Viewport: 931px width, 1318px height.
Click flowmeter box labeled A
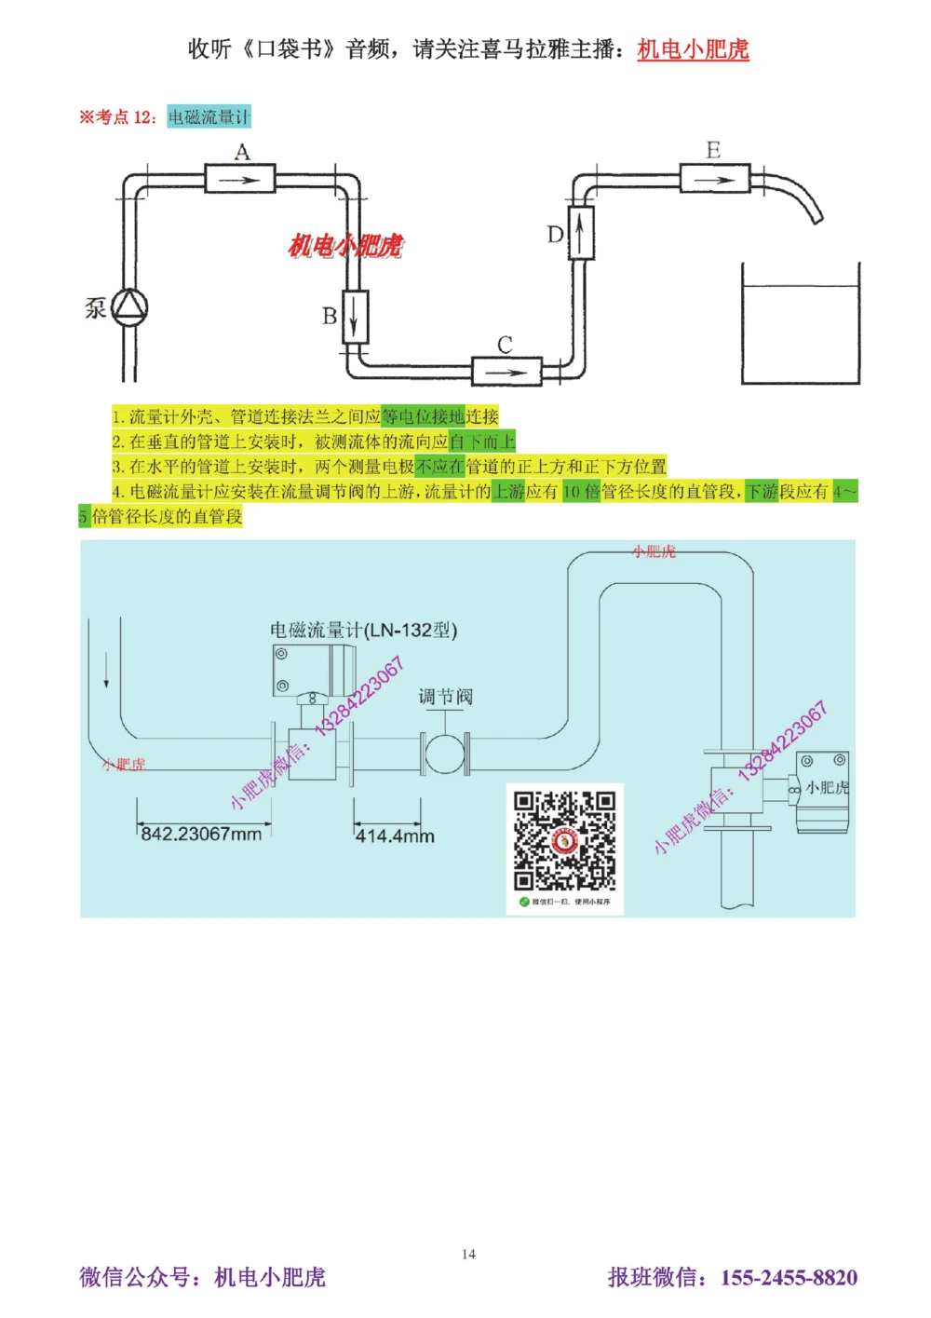(239, 178)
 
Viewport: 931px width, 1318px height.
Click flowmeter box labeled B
(356, 317)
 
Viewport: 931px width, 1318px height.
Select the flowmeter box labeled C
(506, 371)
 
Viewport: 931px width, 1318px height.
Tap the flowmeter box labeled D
(581, 232)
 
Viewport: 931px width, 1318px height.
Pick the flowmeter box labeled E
(714, 178)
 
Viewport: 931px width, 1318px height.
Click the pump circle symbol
(129, 307)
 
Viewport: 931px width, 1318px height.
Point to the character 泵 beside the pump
(96, 307)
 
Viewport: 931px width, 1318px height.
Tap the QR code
(564, 842)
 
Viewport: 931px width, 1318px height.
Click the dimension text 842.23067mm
(201, 834)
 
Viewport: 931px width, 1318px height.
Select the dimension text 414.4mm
(395, 836)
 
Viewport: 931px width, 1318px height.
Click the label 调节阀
(445, 697)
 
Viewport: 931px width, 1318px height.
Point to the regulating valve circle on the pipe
(445, 754)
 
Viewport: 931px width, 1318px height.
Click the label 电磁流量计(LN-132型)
(363, 630)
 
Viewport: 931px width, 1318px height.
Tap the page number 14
(468, 1254)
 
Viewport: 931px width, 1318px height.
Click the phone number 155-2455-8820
(789, 1277)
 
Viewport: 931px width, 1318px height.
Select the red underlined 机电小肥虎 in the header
(693, 49)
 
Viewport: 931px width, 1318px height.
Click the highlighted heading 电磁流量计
(209, 116)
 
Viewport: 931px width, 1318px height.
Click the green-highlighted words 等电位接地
(423, 416)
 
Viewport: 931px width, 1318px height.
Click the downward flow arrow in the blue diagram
(106, 671)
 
